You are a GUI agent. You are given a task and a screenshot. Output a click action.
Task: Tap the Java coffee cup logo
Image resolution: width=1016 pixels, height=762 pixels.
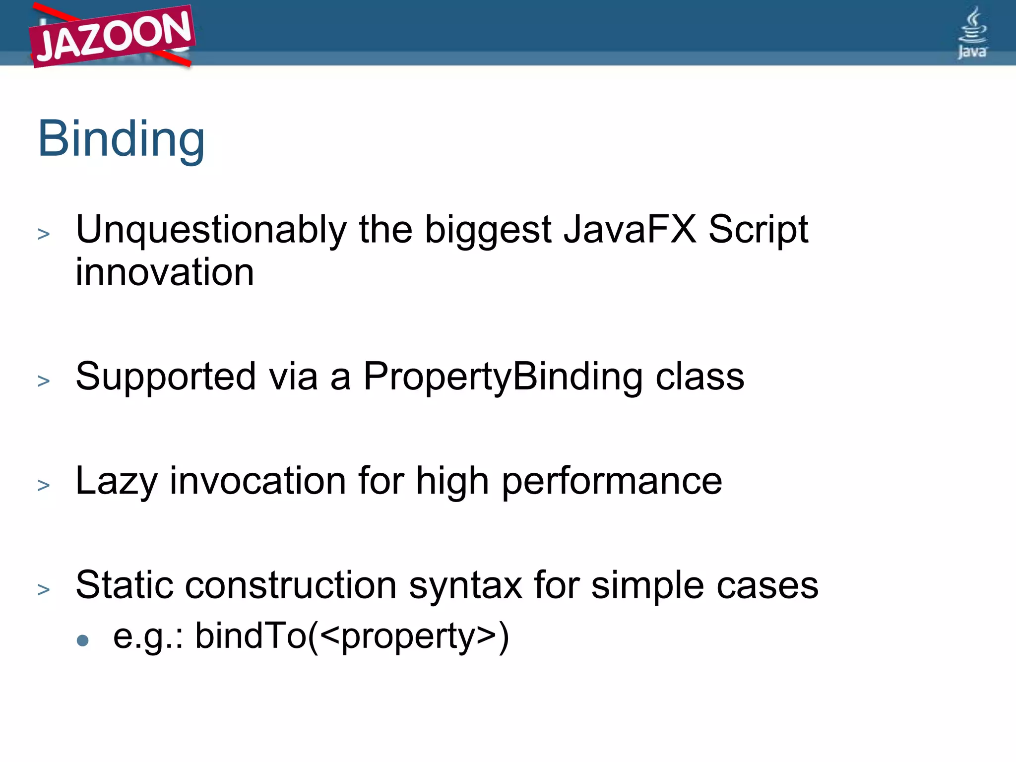coord(972,33)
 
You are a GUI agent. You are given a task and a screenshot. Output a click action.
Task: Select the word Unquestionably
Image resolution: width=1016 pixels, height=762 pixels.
coord(211,230)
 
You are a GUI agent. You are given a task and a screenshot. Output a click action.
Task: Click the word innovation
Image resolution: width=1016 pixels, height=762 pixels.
coord(165,272)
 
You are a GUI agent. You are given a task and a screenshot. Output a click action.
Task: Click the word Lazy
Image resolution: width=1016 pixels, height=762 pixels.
coord(117,481)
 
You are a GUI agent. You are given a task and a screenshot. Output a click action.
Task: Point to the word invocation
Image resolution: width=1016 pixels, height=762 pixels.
coord(258,481)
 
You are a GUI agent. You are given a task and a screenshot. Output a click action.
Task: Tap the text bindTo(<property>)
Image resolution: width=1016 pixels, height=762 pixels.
coord(352,636)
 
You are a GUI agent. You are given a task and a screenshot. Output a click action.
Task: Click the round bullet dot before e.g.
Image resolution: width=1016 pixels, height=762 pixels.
coord(83,640)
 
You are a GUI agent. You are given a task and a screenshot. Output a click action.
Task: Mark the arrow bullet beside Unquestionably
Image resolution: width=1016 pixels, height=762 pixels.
coord(44,234)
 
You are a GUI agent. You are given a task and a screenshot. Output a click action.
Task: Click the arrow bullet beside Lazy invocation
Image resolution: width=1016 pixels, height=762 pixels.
coord(44,485)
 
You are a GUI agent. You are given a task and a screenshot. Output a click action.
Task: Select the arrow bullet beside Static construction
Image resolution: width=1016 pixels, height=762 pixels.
coord(44,589)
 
